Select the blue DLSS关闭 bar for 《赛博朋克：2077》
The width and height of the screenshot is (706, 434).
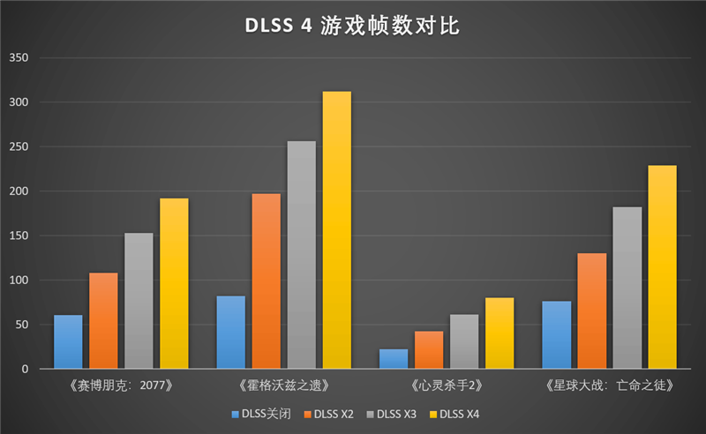[68, 342]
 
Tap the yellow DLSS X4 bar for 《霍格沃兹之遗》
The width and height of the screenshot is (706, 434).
[336, 230]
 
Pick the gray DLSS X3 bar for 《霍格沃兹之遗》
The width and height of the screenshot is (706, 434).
[301, 255]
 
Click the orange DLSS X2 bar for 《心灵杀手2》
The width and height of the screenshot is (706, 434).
[429, 350]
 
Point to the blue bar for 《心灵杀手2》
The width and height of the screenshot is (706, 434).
[394, 359]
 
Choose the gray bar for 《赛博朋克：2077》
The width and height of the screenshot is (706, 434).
[139, 301]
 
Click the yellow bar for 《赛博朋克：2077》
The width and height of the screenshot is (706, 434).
[174, 283]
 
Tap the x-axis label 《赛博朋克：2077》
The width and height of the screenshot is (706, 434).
[121, 385]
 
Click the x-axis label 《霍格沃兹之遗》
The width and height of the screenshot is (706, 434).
[284, 385]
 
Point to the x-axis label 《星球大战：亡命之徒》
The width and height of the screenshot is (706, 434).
[610, 385]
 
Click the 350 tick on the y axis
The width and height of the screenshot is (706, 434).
[19, 58]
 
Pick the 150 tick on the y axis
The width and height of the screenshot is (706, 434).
[19, 236]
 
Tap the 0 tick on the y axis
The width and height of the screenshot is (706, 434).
[26, 369]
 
